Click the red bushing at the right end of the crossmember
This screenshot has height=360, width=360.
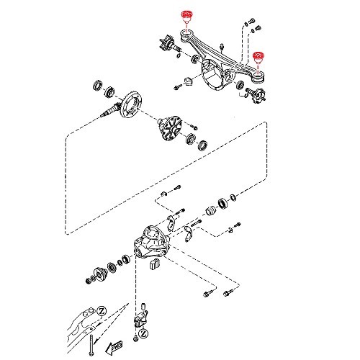259,58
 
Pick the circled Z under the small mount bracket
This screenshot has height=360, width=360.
144,334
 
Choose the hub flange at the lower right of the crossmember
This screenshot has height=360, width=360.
257,96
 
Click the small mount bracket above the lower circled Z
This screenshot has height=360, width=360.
143,318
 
